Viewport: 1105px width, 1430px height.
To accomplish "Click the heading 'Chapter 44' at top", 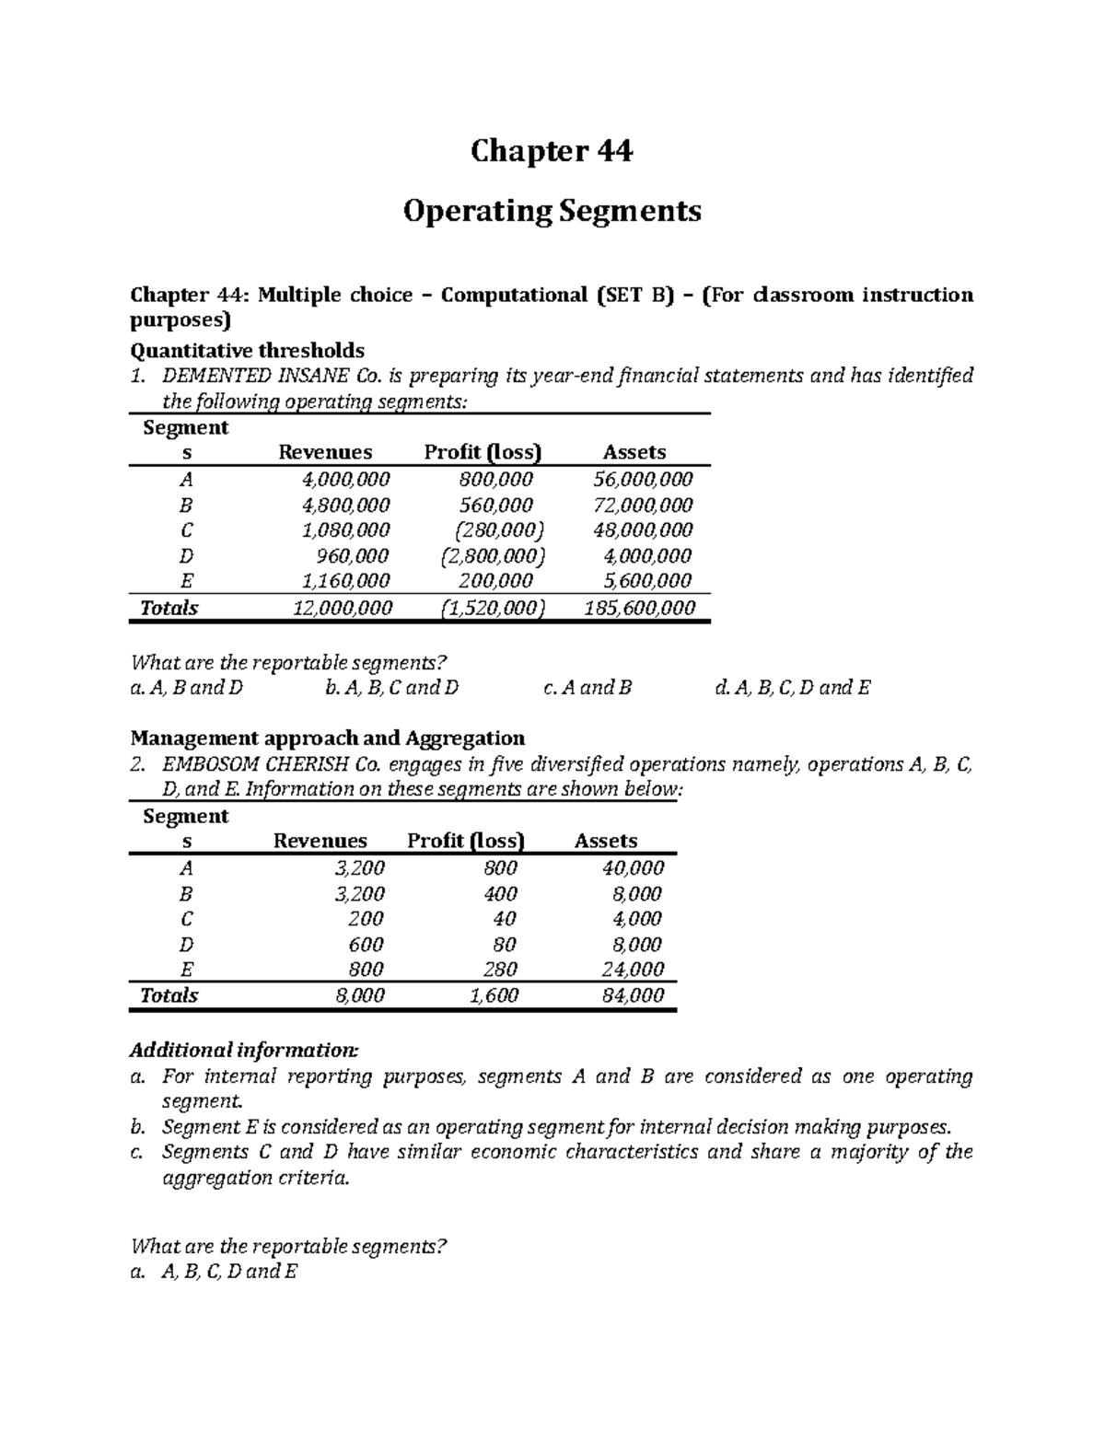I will click(x=552, y=151).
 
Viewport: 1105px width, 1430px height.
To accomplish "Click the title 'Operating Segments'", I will click(x=552, y=211).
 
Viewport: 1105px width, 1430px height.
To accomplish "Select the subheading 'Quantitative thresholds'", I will click(x=248, y=350).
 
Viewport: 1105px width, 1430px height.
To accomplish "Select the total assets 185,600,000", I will click(x=640, y=607).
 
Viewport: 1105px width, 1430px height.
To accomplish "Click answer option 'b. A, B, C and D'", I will click(x=392, y=687).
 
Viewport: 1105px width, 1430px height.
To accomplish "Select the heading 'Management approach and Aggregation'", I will click(x=328, y=738).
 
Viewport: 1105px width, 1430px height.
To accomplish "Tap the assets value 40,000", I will click(x=633, y=867).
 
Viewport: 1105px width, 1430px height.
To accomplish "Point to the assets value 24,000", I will click(x=633, y=969).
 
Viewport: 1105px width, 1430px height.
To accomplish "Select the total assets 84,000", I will click(x=633, y=994).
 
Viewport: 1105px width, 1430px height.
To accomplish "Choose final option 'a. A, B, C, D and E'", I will click(x=215, y=1272).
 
